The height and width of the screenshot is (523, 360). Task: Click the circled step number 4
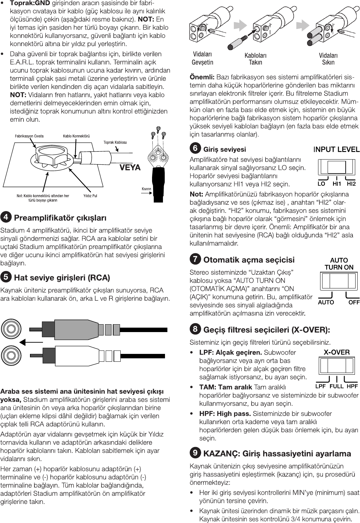pyautogui.click(x=6, y=217)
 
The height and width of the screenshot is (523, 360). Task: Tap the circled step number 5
pyautogui.click(x=6, y=277)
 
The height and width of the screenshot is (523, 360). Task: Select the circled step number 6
pyautogui.click(x=195, y=149)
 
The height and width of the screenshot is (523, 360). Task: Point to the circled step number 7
pyautogui.click(x=195, y=259)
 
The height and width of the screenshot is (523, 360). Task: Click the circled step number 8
pyautogui.click(x=195, y=329)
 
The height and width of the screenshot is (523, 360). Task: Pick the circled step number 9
pyautogui.click(x=195, y=453)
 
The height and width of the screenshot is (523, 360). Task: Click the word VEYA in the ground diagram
pyautogui.click(x=130, y=167)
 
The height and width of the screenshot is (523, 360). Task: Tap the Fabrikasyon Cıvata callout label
pyautogui.click(x=29, y=136)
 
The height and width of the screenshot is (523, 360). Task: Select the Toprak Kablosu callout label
pyautogui.click(x=115, y=142)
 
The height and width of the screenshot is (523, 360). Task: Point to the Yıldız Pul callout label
pyautogui.click(x=90, y=196)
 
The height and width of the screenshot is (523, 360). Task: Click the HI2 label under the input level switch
pyautogui.click(x=351, y=184)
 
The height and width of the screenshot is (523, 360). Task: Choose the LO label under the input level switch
pyautogui.click(x=321, y=184)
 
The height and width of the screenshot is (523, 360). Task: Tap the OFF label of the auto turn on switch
pyautogui.click(x=354, y=302)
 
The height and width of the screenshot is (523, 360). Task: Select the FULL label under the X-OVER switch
pyautogui.click(x=336, y=387)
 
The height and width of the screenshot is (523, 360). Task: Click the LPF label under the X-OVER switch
pyautogui.click(x=320, y=387)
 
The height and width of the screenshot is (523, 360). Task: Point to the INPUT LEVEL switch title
pyautogui.click(x=336, y=149)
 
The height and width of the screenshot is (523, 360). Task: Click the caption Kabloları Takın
pyautogui.click(x=255, y=59)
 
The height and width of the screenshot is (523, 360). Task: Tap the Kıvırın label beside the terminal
pyautogui.click(x=146, y=189)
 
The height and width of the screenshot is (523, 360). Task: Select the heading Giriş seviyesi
pyautogui.click(x=224, y=149)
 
